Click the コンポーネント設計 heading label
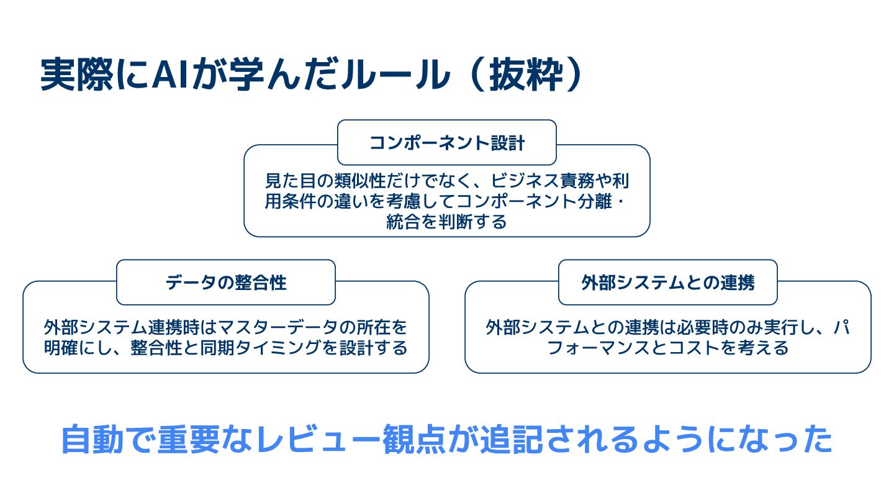447,143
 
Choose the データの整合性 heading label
226,283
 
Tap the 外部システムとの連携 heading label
668,283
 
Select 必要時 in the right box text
702,327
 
